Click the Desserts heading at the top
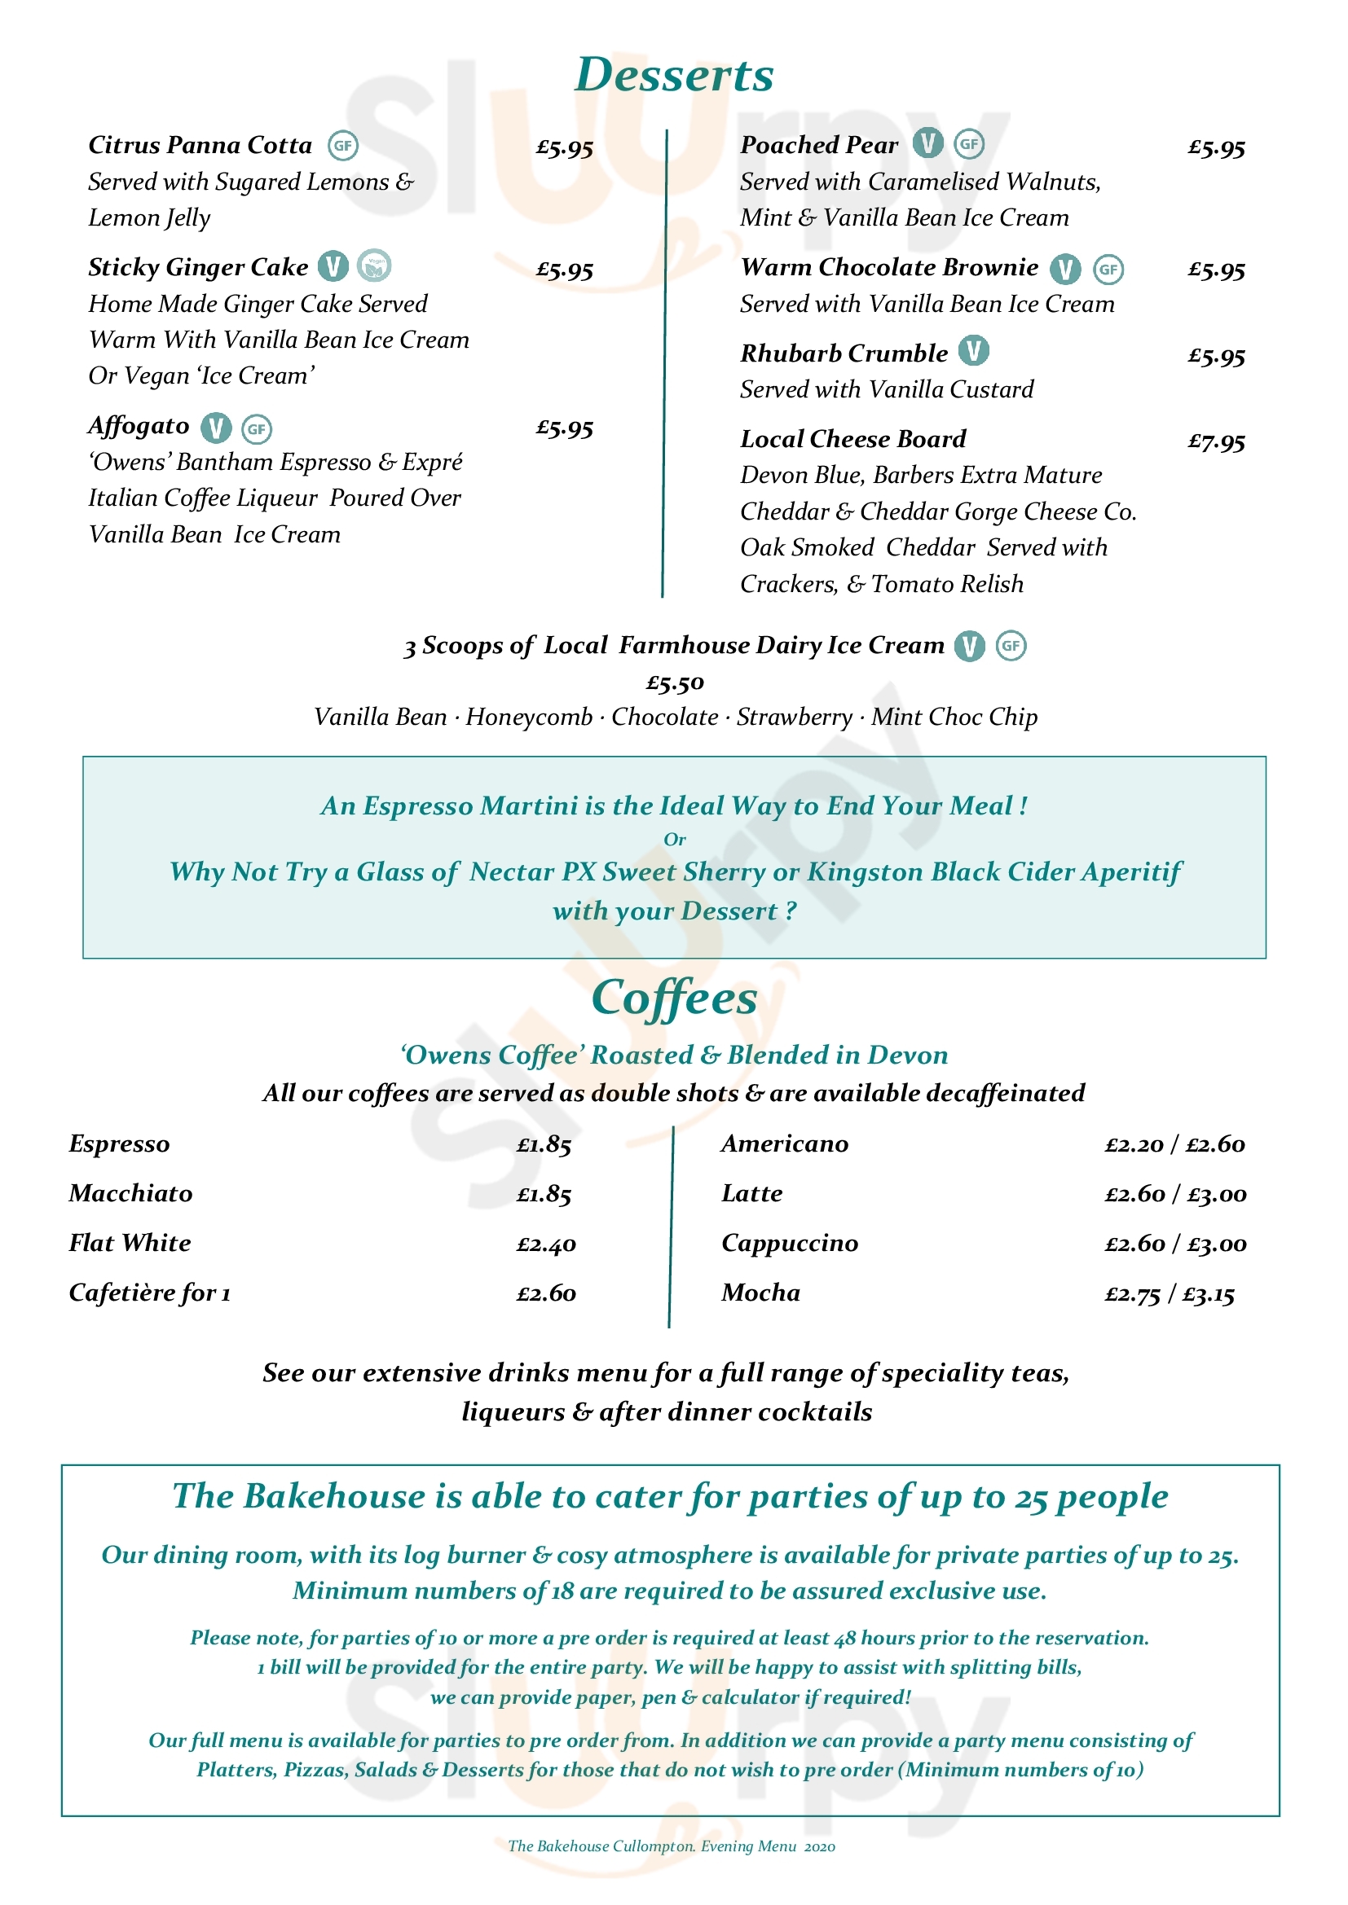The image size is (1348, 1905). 674,75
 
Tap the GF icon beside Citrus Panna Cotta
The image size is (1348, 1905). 342,146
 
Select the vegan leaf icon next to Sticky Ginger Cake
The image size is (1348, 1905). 374,266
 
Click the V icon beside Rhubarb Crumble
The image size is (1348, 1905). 974,351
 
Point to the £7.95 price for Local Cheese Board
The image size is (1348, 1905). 1216,441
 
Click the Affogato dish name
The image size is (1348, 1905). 139,427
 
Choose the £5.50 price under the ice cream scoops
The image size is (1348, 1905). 675,683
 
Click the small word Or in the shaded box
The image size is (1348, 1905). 675,840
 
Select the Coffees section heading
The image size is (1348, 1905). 674,998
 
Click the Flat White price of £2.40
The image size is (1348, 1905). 545,1244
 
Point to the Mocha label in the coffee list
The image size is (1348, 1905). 760,1293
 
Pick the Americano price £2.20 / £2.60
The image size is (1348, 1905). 1174,1145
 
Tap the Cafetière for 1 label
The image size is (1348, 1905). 149,1293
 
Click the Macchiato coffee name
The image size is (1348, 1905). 130,1193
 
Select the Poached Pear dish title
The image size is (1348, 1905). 818,145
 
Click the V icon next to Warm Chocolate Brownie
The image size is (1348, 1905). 1065,269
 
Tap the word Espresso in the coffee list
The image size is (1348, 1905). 119,1144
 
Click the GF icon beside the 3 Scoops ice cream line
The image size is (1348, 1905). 1010,646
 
